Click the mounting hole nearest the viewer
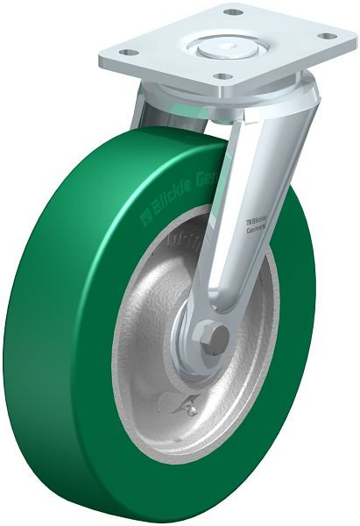click(226, 77)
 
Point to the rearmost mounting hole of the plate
click(233, 12)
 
